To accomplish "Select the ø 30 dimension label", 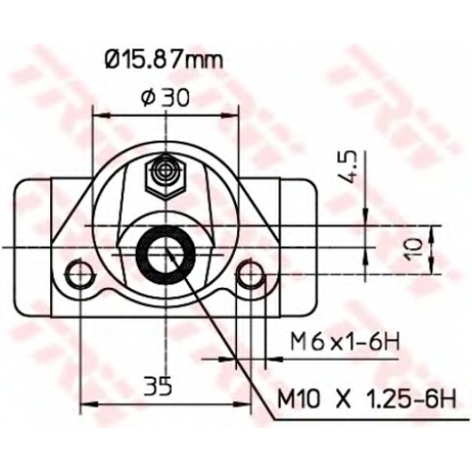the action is (x=165, y=97).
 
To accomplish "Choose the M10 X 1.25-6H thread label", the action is (x=366, y=399).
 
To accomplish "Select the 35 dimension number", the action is (x=158, y=385).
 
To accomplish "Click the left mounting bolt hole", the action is (x=80, y=273).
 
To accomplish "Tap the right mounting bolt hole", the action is (x=251, y=273).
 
